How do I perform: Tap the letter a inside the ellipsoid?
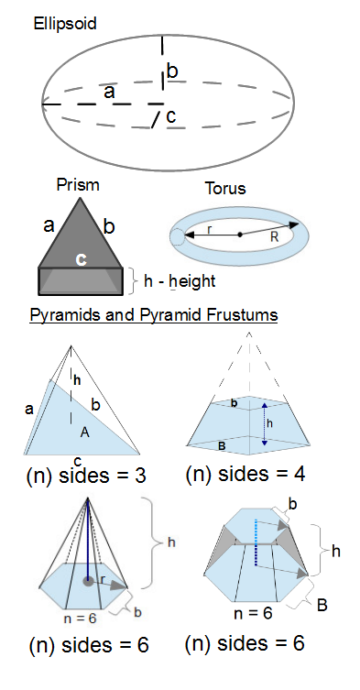pos(109,92)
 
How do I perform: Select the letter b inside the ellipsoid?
pos(172,71)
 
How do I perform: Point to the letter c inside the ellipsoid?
pos(170,116)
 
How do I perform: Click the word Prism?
pos(78,184)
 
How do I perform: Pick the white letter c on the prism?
pos(81,260)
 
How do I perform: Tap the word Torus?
pos(225,190)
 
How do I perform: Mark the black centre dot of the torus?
pos(240,235)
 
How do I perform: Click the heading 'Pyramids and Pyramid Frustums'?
pos(154,315)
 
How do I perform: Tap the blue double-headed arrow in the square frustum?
pos(265,423)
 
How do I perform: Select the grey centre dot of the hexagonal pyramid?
pos(87,581)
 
